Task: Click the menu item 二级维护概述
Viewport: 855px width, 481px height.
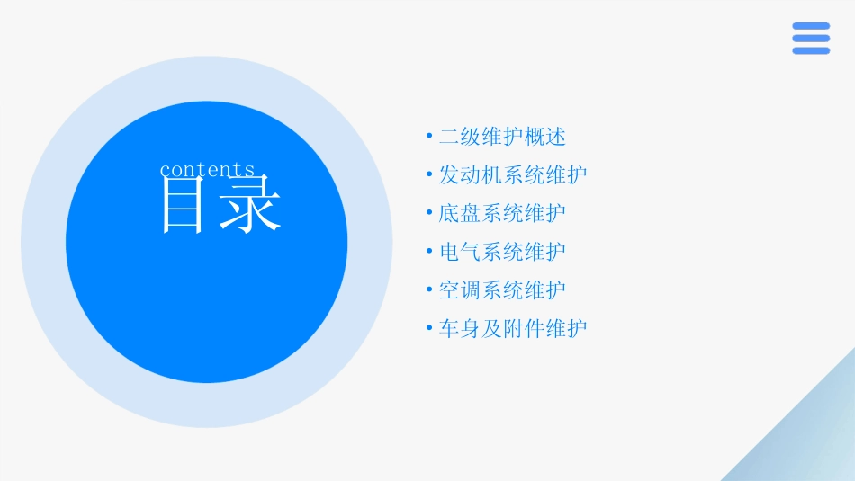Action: tap(502, 138)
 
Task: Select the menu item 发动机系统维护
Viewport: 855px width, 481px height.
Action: tap(513, 175)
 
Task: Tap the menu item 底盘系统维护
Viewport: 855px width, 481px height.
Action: tap(502, 214)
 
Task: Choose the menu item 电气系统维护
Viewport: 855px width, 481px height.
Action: tap(502, 252)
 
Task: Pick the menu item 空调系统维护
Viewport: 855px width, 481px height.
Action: tap(502, 290)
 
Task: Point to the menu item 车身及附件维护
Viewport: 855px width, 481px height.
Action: tap(513, 329)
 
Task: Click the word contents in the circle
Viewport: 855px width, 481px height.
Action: tap(207, 170)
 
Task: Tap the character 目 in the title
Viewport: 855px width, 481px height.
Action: tap(183, 206)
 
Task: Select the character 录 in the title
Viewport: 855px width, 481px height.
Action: tap(251, 206)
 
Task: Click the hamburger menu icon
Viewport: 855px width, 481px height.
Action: tap(811, 39)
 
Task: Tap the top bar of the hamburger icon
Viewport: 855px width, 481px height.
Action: tap(811, 26)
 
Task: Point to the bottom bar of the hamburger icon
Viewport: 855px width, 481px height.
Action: tap(811, 50)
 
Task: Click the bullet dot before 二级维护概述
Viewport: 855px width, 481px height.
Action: tap(429, 138)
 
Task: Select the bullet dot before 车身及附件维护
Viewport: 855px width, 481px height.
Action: tap(429, 329)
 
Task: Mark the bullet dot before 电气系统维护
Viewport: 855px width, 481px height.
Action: tap(429, 252)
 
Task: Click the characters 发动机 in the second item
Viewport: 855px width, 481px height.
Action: tap(471, 175)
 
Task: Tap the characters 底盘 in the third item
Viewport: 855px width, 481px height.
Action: tap(460, 214)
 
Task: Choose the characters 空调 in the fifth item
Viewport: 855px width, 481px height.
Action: tap(460, 290)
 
